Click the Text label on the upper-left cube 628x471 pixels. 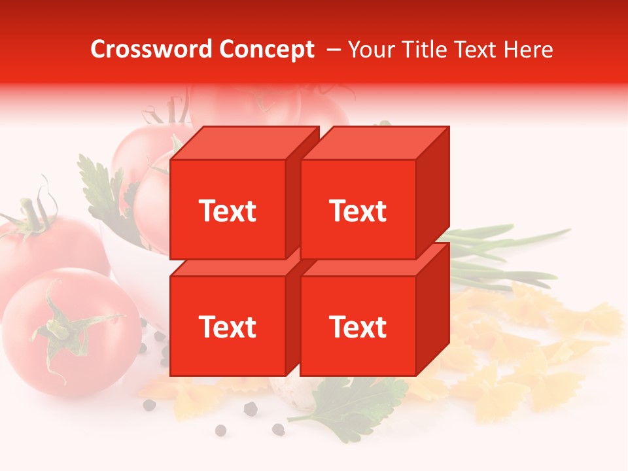(228, 211)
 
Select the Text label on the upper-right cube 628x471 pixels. (358, 211)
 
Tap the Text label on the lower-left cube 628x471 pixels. (228, 326)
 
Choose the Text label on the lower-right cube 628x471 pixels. (358, 326)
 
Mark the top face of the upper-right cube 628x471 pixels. (375, 143)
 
